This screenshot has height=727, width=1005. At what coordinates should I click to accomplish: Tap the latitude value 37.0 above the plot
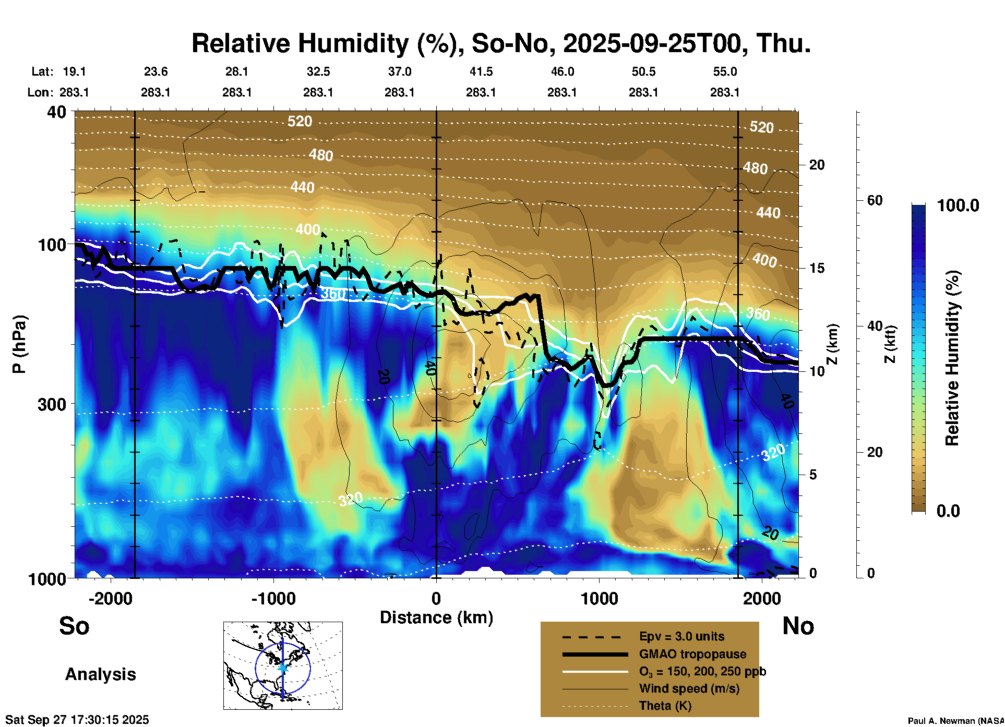[399, 71]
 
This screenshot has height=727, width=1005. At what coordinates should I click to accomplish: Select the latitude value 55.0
[724, 71]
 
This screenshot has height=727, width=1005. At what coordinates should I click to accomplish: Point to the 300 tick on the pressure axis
[52, 404]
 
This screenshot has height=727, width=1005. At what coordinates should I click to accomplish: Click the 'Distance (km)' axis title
[436, 617]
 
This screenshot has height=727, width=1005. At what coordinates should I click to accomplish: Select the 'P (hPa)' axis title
[19, 344]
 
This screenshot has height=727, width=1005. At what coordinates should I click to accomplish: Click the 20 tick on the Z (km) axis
[817, 165]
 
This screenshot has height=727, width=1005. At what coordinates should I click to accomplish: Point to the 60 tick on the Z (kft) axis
[875, 200]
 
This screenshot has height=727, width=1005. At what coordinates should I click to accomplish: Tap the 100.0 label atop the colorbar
[958, 205]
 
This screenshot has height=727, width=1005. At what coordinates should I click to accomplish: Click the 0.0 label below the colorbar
[948, 511]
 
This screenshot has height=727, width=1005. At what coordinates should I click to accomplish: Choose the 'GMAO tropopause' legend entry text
[692, 654]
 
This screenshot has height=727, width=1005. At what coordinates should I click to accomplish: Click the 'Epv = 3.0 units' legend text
[681, 636]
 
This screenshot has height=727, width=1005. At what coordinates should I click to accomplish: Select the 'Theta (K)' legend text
[665, 706]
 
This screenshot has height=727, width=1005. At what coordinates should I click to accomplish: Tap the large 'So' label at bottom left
[74, 626]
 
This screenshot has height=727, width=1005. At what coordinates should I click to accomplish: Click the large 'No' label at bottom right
[798, 626]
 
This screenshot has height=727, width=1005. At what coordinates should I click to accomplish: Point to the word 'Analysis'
[100, 674]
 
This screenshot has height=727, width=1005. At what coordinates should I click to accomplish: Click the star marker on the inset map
[283, 668]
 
